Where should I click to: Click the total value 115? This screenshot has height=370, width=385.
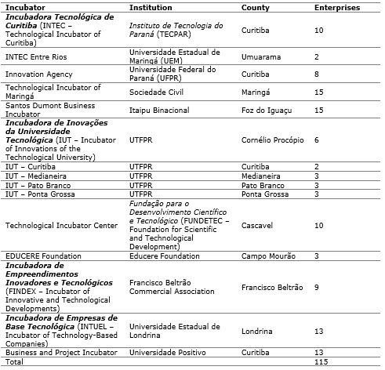tap(320, 363)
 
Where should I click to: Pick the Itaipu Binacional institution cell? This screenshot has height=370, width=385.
tap(159, 111)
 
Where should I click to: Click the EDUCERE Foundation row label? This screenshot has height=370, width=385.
tap(43, 256)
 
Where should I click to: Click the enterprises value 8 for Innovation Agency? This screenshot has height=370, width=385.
tap(317, 74)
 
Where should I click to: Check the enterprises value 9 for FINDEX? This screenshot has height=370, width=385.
tap(317, 288)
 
